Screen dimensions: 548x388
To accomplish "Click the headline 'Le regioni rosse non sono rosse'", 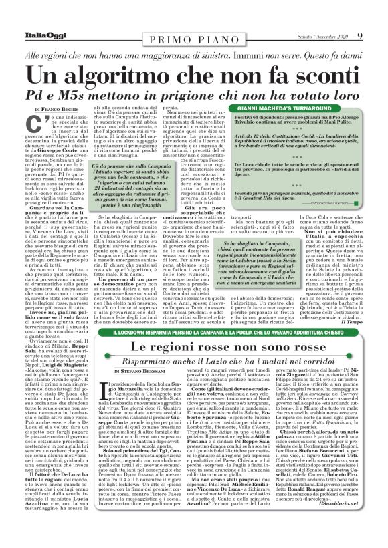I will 193,347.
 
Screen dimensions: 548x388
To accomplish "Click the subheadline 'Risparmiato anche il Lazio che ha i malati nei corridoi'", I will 193,360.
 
